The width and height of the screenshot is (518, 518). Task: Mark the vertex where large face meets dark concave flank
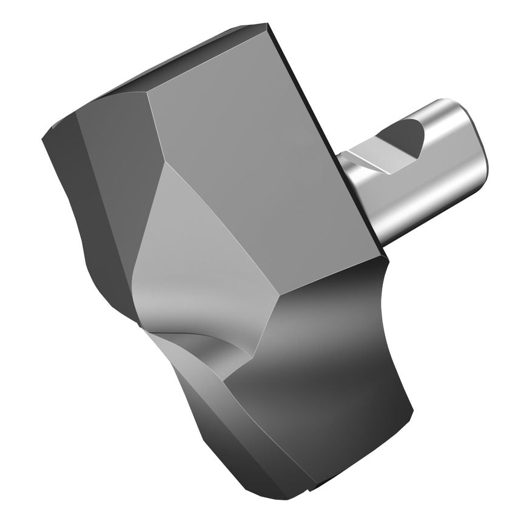[280, 297]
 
